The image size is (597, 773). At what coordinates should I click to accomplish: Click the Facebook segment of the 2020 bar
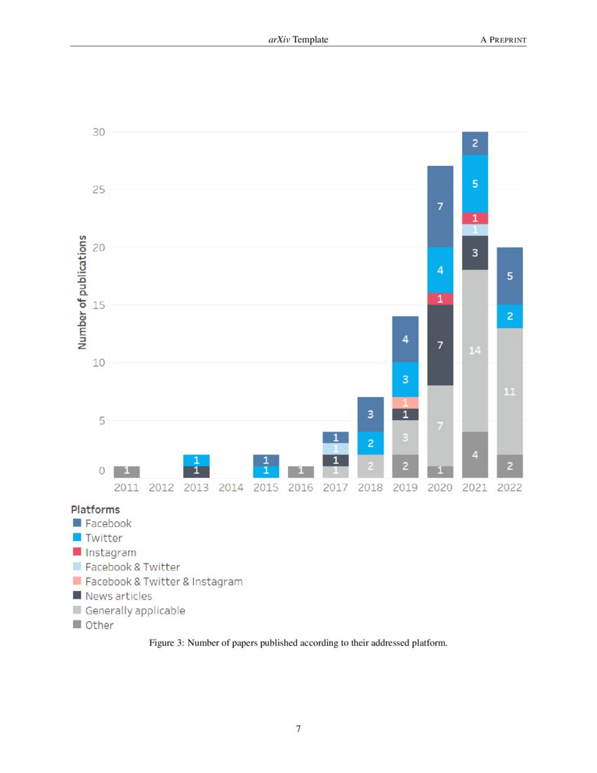tap(440, 207)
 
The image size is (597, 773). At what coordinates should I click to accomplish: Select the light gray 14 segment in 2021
tap(475, 350)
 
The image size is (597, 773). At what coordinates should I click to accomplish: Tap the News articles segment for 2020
tap(440, 345)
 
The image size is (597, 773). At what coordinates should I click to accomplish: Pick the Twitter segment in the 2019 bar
tap(405, 379)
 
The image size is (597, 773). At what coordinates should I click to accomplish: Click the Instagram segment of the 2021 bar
tap(475, 219)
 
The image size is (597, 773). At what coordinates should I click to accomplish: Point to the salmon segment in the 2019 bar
tap(405, 403)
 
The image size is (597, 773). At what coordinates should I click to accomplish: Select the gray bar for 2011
tap(126, 472)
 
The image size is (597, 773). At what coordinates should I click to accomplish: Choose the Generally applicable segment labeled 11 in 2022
tap(510, 391)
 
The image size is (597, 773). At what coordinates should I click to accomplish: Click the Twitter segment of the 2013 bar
tap(196, 460)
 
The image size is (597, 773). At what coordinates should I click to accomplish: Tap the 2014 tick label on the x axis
tap(231, 488)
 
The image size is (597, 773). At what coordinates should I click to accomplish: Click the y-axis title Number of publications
tap(82, 292)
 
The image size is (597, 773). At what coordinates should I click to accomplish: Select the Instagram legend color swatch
tap(77, 552)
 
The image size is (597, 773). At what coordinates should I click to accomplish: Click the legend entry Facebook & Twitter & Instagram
tap(164, 582)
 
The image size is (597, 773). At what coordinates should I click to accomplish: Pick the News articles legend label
tap(118, 596)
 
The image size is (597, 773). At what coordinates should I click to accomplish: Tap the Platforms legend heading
tap(95, 509)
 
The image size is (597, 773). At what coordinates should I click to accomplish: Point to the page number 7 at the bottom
tap(298, 729)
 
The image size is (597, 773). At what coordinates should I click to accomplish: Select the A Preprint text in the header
tap(503, 40)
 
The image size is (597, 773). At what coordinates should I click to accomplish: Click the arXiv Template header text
tap(298, 40)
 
